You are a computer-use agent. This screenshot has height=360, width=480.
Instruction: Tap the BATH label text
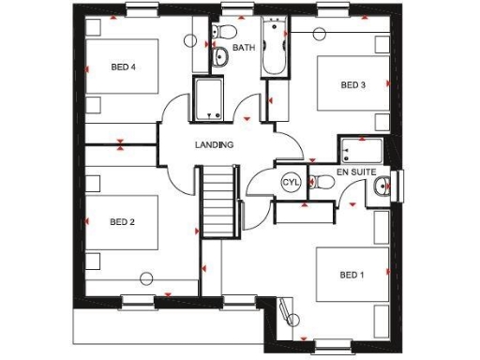(x=244, y=47)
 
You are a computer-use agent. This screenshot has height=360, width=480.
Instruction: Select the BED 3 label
(x=352, y=85)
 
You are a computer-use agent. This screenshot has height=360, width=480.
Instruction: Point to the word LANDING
(x=214, y=145)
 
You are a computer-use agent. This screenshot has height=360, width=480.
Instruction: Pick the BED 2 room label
(x=123, y=222)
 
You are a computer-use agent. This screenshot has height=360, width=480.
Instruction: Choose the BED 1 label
(x=352, y=275)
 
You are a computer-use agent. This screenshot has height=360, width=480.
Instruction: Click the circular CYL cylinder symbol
(x=290, y=183)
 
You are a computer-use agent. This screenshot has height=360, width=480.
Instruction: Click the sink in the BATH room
(x=220, y=59)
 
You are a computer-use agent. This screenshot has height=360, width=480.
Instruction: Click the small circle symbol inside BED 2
(x=147, y=277)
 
